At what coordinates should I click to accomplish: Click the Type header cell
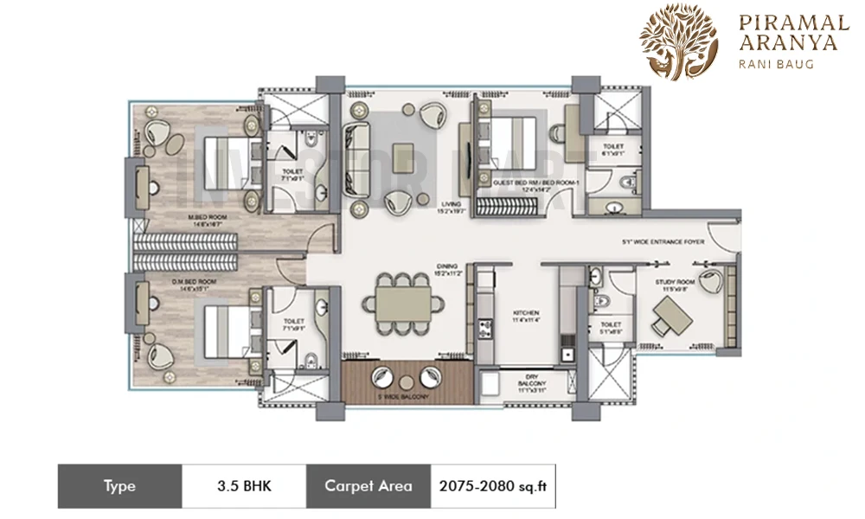(119, 486)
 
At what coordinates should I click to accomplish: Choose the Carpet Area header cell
(368, 486)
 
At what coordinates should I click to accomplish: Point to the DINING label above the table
(446, 268)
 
